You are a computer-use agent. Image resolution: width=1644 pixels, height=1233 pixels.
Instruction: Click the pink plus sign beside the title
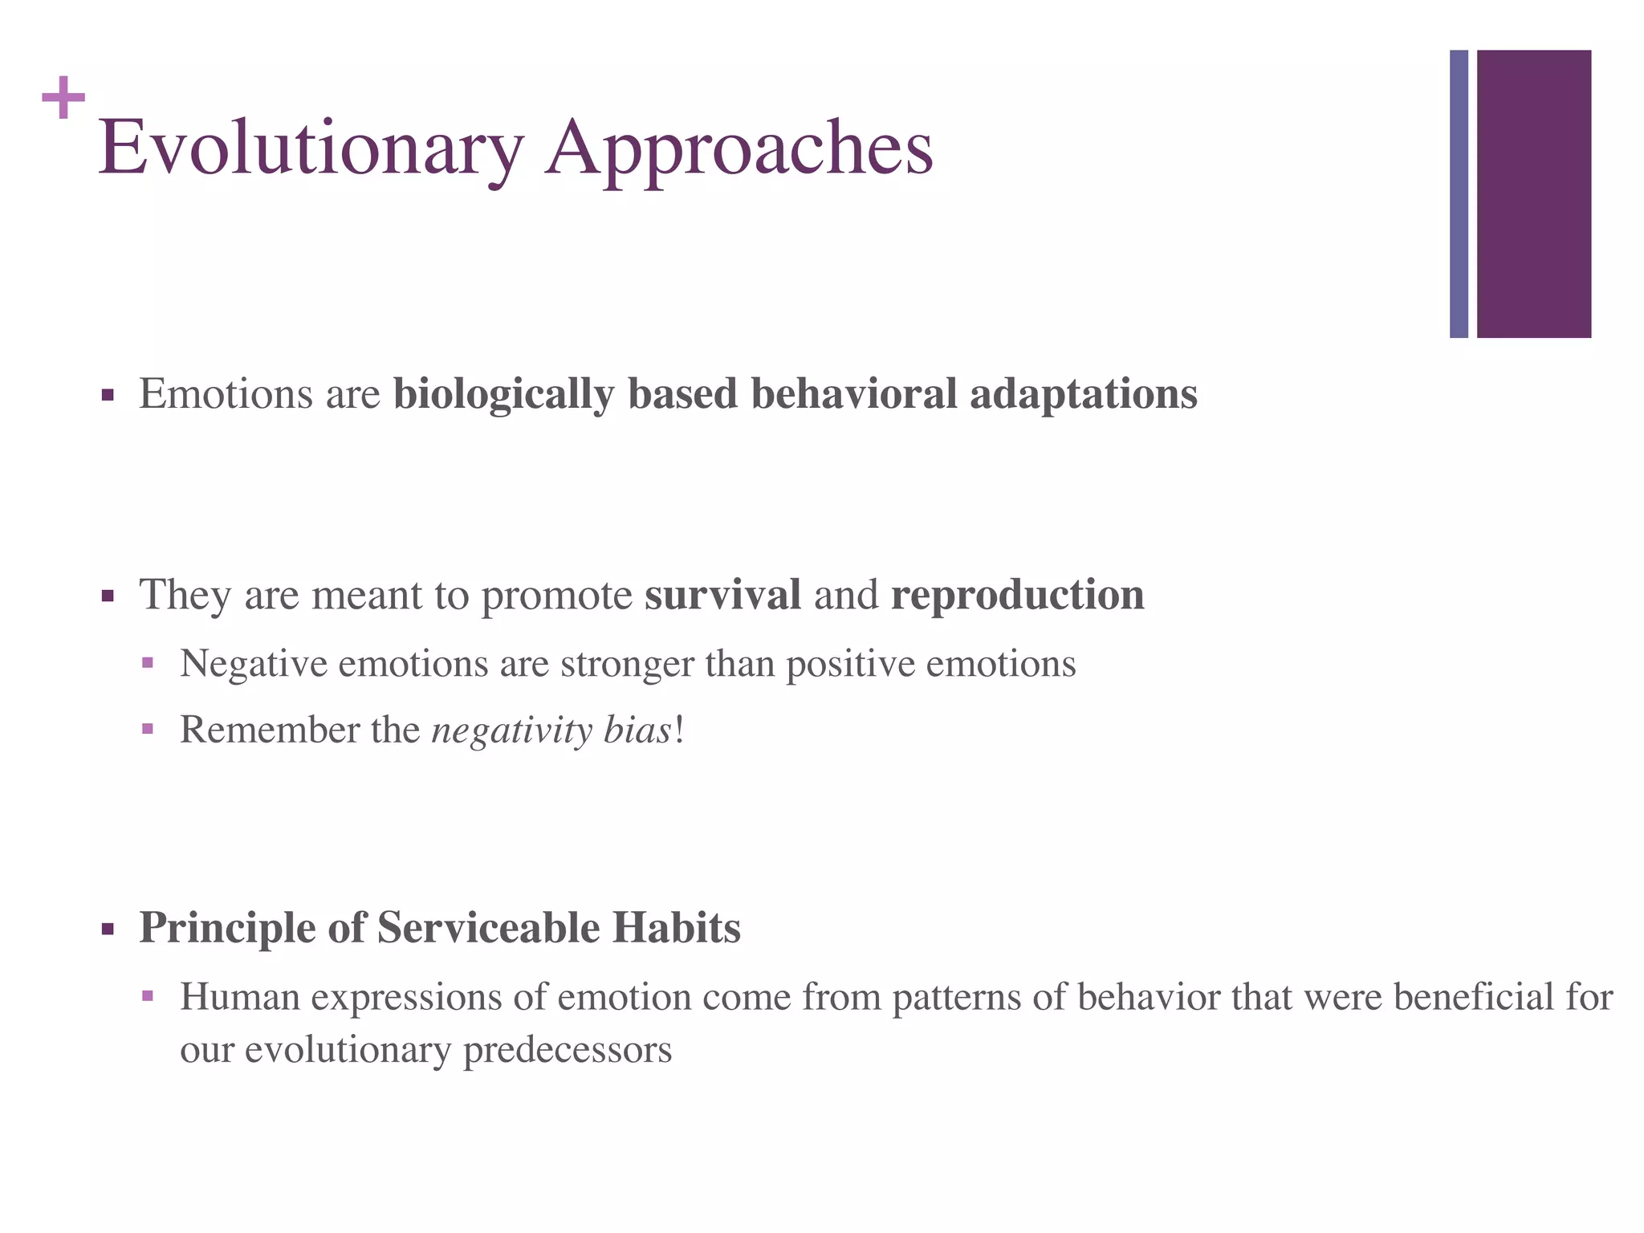pos(63,98)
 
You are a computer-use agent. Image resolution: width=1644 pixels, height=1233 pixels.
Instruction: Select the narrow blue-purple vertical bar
pos(1459,193)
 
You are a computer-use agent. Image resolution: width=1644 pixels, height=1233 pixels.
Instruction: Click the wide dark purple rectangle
pos(1533,193)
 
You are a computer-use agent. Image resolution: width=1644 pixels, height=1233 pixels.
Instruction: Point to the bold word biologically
pos(503,395)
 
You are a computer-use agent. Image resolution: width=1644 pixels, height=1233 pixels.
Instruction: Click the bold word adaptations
pos(1083,395)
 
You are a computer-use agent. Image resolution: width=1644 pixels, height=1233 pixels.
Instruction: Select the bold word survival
pos(722,595)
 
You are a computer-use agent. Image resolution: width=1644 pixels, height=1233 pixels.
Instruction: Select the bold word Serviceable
pos(488,928)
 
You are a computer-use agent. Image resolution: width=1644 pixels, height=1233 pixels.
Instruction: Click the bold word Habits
pos(676,928)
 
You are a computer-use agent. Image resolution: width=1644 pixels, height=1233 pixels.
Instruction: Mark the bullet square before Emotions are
pos(108,396)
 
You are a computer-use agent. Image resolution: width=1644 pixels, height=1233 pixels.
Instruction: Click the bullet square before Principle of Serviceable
pos(108,930)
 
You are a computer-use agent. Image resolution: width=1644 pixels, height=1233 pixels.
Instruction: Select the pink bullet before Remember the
pos(147,730)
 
